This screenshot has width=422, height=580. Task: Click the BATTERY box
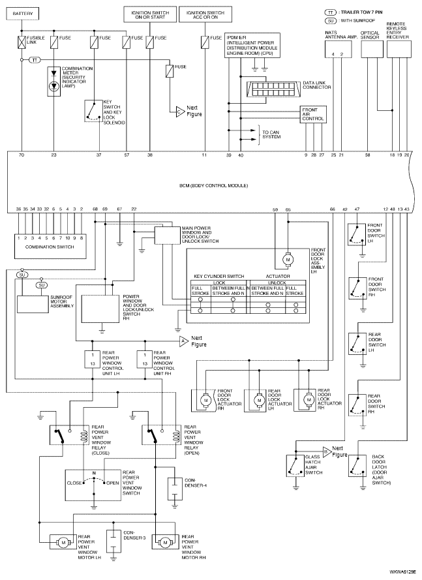click(x=23, y=14)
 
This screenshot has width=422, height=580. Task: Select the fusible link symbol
click(x=22, y=40)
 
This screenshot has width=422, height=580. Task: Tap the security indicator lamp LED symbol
click(x=54, y=86)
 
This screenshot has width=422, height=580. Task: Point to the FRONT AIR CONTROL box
click(x=314, y=115)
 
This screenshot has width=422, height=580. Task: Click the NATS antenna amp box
click(x=338, y=49)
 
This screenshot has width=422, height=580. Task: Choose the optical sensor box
click(x=372, y=49)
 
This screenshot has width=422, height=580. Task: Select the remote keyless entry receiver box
click(x=399, y=49)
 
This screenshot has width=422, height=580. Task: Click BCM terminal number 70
click(x=22, y=155)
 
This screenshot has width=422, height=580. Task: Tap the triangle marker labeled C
click(x=180, y=112)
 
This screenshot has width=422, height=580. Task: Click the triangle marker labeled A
click(x=184, y=341)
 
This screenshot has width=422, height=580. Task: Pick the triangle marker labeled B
click(x=327, y=451)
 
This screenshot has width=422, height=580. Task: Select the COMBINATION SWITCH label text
click(x=50, y=247)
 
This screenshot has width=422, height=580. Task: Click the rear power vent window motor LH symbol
click(x=63, y=543)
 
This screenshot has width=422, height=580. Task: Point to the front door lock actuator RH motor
click(x=205, y=400)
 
